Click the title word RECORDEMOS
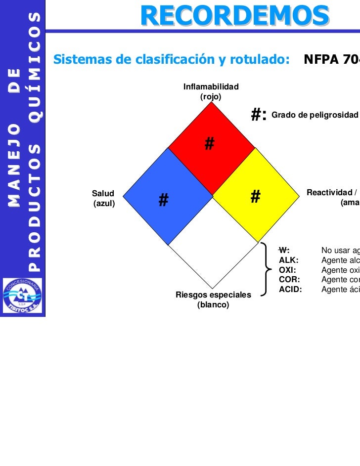[x=234, y=16]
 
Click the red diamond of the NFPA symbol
[x=212, y=148]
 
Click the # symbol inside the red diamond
[x=210, y=143]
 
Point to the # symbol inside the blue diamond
[x=164, y=200]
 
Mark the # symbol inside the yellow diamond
[x=255, y=197]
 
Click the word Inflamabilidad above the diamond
[x=211, y=87]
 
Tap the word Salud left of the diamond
[x=103, y=193]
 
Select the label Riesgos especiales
[x=214, y=295]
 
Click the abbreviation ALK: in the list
[x=289, y=260]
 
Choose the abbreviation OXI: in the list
[x=288, y=270]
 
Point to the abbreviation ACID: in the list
[x=290, y=290]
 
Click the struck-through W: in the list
[x=284, y=250]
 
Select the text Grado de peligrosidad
[x=315, y=115]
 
